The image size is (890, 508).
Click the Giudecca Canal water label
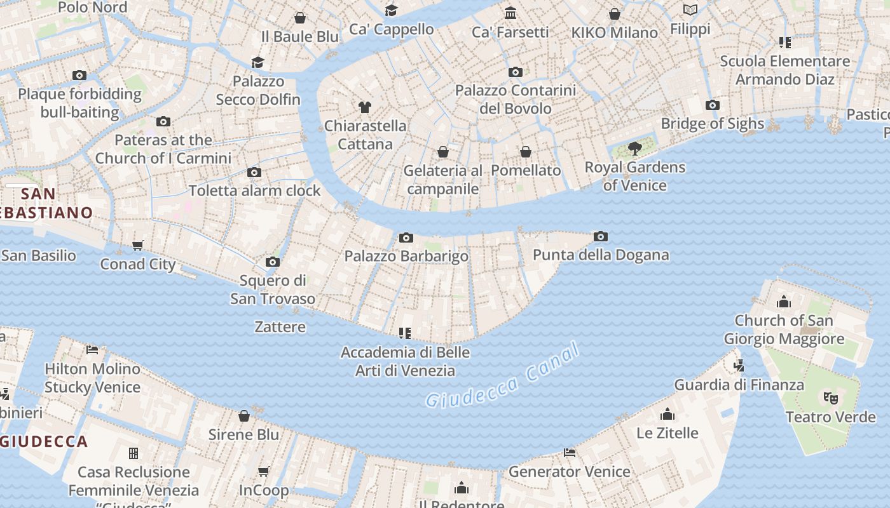(502, 377)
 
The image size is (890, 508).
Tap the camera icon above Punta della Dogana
(600, 237)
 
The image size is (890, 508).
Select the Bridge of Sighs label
(712, 123)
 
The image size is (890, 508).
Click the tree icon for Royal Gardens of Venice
(634, 149)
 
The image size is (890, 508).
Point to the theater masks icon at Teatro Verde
(830, 398)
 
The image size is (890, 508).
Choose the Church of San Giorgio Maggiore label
(783, 330)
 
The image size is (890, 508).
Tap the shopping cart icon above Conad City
(138, 245)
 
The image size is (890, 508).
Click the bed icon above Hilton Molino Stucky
(92, 349)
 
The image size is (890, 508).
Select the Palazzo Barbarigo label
(406, 256)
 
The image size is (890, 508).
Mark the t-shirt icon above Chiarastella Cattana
(364, 107)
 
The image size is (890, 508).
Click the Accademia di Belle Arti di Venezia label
(406, 361)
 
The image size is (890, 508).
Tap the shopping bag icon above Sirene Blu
(244, 416)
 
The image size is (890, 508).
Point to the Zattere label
(280, 327)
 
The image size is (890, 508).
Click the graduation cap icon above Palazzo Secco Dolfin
(257, 62)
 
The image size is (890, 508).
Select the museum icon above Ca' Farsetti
(510, 13)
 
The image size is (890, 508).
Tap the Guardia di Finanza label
(739, 385)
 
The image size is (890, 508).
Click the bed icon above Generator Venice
(570, 453)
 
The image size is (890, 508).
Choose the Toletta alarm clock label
(254, 190)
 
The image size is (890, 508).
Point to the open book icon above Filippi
(690, 10)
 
